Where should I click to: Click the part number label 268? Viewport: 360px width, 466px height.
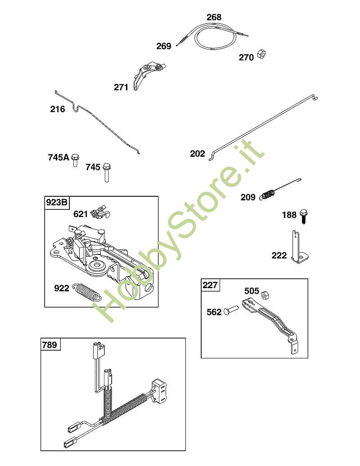[214, 17]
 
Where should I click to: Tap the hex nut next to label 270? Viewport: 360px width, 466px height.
[261, 54]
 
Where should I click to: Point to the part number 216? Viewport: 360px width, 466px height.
[57, 109]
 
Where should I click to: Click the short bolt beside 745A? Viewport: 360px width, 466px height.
[76, 159]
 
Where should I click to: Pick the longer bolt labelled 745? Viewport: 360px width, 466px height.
[107, 172]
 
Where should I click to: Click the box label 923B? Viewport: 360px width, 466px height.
[56, 203]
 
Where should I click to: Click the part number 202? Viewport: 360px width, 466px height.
[198, 154]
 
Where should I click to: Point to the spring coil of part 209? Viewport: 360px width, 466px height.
[268, 195]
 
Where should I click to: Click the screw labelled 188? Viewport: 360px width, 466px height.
[303, 217]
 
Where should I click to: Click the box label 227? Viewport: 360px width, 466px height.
[210, 285]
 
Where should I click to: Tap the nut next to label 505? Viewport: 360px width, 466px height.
[265, 295]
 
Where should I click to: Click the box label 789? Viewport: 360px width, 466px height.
[49, 345]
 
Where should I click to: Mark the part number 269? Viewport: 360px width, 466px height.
[164, 46]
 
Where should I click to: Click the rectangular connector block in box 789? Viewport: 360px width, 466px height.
[159, 390]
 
